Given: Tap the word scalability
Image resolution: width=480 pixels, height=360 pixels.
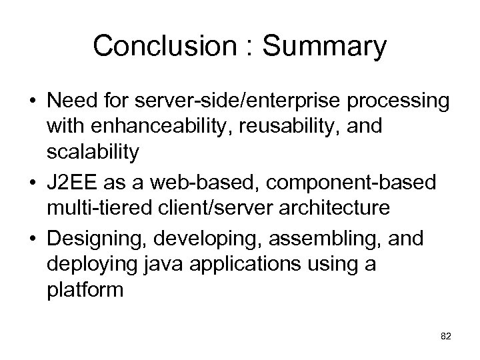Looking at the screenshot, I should coord(93,152).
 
